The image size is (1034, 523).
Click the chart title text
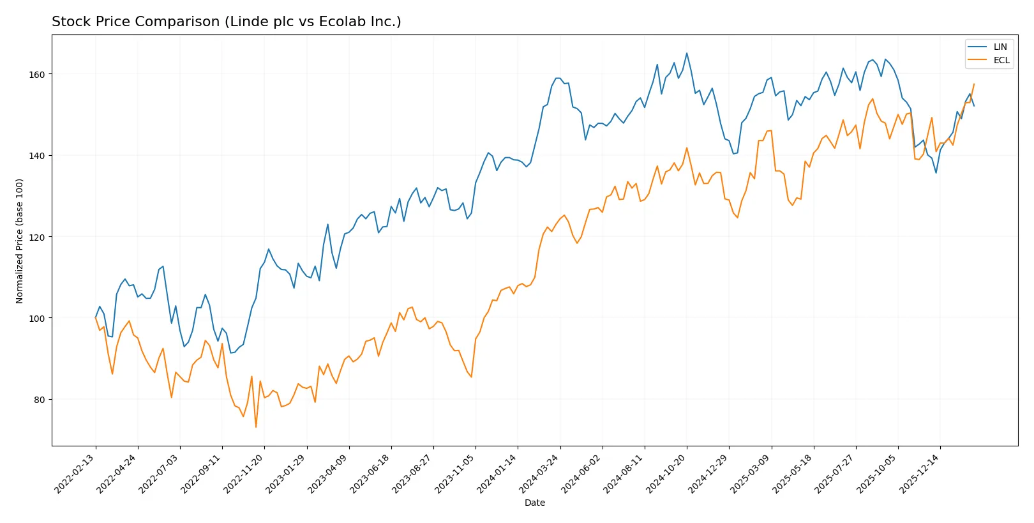tap(226, 22)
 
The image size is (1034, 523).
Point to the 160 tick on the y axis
tap(37, 75)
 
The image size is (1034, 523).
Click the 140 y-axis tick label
tap(37, 156)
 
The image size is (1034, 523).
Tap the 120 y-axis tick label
tap(37, 237)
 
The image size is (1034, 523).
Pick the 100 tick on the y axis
tap(37, 318)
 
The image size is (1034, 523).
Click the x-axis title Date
tap(534, 503)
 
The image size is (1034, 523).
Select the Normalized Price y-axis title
tap(19, 241)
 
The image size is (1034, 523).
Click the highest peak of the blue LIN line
tap(687, 53)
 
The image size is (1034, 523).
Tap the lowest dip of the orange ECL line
tap(256, 427)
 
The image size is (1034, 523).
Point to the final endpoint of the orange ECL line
tap(974, 84)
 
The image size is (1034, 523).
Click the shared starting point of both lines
tap(96, 317)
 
